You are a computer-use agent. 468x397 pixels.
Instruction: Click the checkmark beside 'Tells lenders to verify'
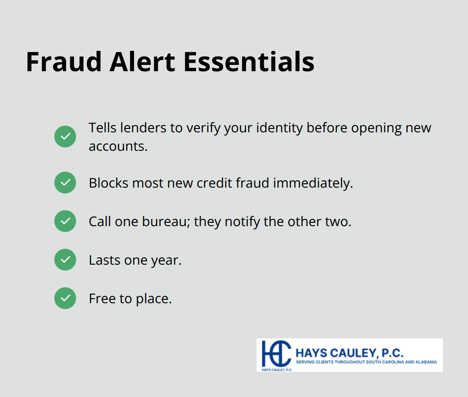tap(65, 137)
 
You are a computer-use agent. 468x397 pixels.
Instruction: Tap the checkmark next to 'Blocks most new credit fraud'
tap(65, 183)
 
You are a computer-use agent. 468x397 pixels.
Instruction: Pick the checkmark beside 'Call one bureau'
tap(65, 221)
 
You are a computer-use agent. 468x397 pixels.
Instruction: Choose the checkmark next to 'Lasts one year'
tap(65, 260)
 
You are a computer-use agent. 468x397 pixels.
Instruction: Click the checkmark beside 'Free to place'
tap(65, 298)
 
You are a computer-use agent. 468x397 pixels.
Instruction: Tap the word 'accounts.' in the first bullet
tap(118, 146)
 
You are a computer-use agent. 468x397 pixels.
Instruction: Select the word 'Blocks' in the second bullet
tap(108, 183)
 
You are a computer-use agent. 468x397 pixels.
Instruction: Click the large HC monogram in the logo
tap(276, 353)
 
